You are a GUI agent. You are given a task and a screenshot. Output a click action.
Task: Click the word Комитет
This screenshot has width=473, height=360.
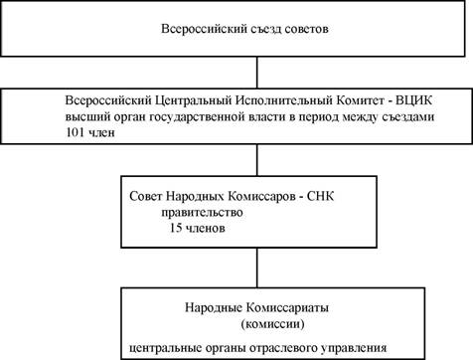(362, 100)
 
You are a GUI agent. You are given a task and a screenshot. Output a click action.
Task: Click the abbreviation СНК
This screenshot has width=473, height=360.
(320, 196)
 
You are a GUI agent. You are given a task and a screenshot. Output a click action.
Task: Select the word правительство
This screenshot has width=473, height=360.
(202, 212)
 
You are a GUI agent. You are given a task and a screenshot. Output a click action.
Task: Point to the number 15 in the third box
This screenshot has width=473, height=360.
(176, 228)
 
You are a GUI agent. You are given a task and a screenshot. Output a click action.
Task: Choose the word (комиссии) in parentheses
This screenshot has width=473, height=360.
(272, 323)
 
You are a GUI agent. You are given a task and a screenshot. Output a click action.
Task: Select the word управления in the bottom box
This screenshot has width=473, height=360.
(354, 348)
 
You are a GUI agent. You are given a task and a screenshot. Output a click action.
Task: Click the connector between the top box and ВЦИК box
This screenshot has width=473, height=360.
(257, 73)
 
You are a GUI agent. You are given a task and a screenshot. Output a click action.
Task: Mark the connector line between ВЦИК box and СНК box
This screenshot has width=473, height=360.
(257, 160)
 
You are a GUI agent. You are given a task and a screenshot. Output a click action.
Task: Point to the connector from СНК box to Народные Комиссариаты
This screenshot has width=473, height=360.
(257, 268)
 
